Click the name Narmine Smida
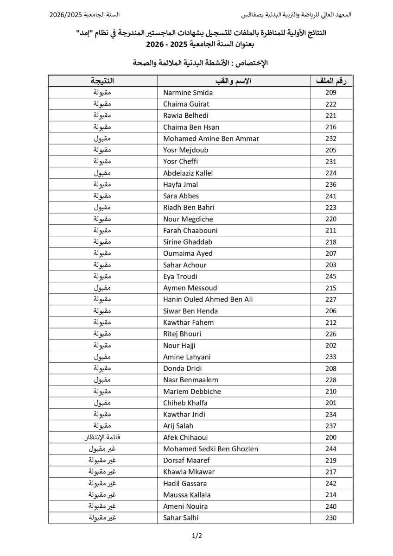[188, 93]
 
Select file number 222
[331, 104]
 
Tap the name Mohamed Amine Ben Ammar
[211, 139]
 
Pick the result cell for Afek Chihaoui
[102, 437]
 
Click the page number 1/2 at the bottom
[197, 536]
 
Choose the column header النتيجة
[102, 81]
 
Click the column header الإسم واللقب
[234, 81]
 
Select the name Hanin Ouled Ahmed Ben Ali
[208, 299]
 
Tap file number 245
[331, 277]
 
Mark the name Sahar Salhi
[181, 518]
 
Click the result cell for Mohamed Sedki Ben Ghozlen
[102, 449]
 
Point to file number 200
[331, 437]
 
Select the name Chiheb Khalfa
[185, 403]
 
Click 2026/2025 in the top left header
[65, 15]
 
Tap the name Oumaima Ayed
[188, 253]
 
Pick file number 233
[331, 357]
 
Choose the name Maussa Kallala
[187, 495]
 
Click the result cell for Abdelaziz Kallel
[102, 173]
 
